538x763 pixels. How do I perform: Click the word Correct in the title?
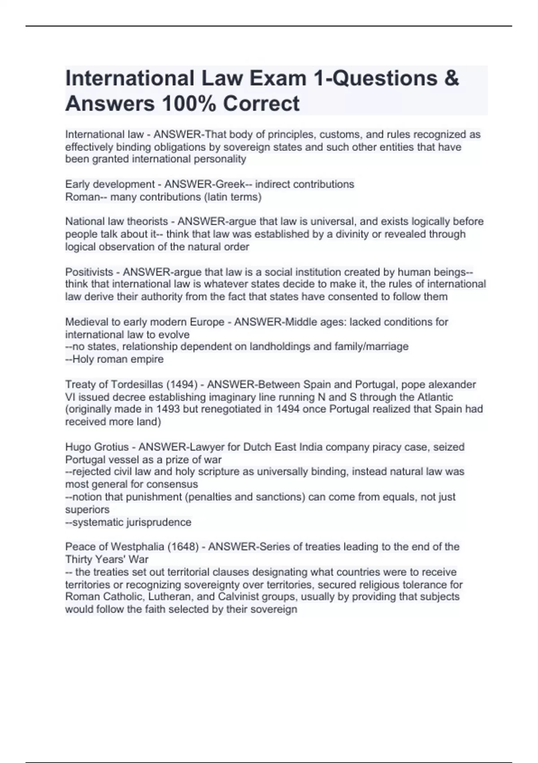click(x=261, y=104)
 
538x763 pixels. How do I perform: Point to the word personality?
click(x=220, y=159)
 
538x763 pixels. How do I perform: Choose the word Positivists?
click(x=89, y=272)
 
